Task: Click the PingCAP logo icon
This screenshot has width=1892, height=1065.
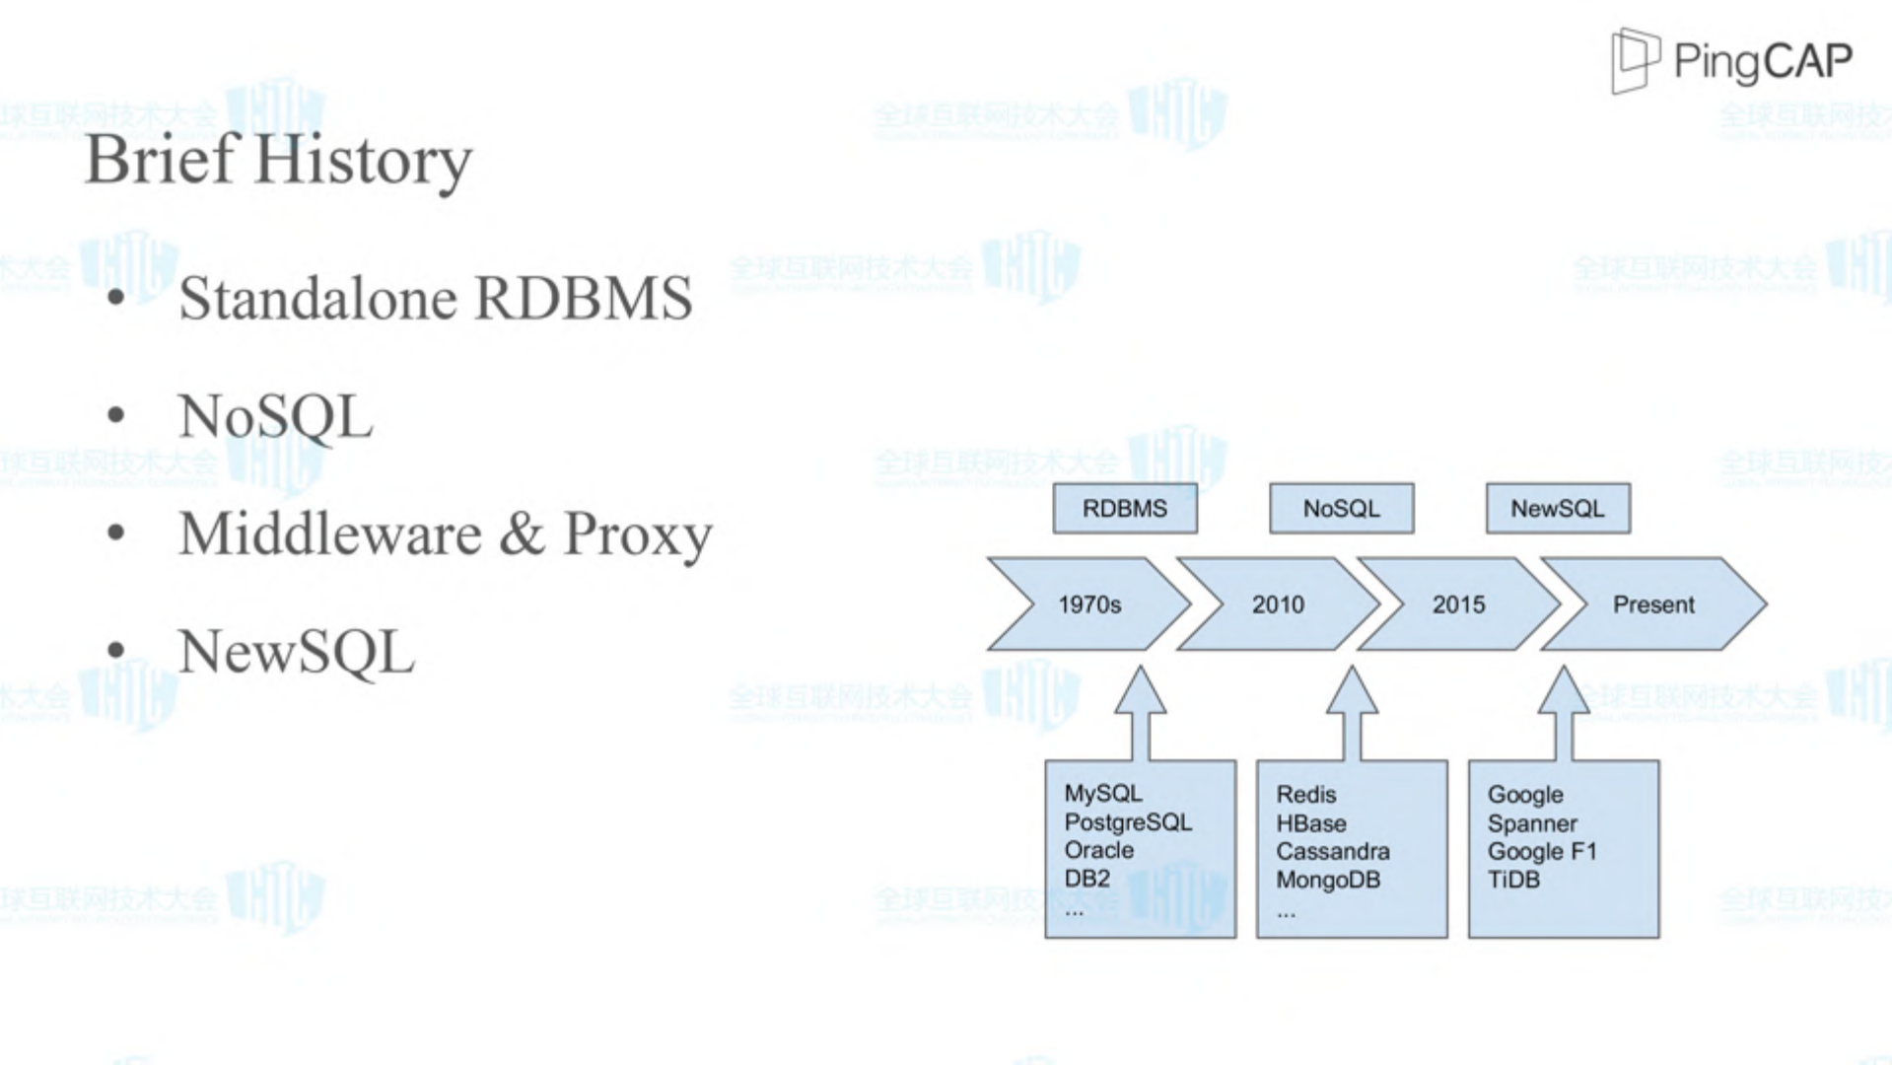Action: [x=1635, y=60]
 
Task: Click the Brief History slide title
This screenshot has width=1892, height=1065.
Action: [x=279, y=160]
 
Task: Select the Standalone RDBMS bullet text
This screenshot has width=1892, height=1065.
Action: [x=435, y=298]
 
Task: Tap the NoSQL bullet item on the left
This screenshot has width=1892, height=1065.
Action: [x=276, y=416]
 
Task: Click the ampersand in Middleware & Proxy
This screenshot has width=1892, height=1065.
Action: [x=522, y=533]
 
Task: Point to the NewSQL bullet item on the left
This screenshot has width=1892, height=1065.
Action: [x=297, y=652]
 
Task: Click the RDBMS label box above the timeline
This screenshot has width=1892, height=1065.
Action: [x=1125, y=509]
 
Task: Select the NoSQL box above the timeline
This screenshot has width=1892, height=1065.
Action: [x=1341, y=509]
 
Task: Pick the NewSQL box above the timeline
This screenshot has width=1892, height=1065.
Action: [x=1558, y=509]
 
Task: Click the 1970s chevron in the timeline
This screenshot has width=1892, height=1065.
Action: [x=1089, y=604]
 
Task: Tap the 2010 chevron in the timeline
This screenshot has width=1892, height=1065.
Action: [x=1278, y=604]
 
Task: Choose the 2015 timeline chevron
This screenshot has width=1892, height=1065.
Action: [x=1458, y=604]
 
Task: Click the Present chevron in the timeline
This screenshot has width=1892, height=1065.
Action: [x=1653, y=604]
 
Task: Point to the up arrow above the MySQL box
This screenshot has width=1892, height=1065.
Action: [x=1141, y=710]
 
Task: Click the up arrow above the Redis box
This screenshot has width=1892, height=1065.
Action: [x=1352, y=710]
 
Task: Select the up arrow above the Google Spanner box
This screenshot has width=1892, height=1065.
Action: [x=1564, y=710]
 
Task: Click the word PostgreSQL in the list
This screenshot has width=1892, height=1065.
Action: [x=1128, y=822]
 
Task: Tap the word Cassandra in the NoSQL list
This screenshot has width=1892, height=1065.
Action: [x=1333, y=851]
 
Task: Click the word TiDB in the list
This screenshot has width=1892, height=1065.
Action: [x=1513, y=880]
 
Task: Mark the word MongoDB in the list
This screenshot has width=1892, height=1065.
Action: [x=1328, y=880]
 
